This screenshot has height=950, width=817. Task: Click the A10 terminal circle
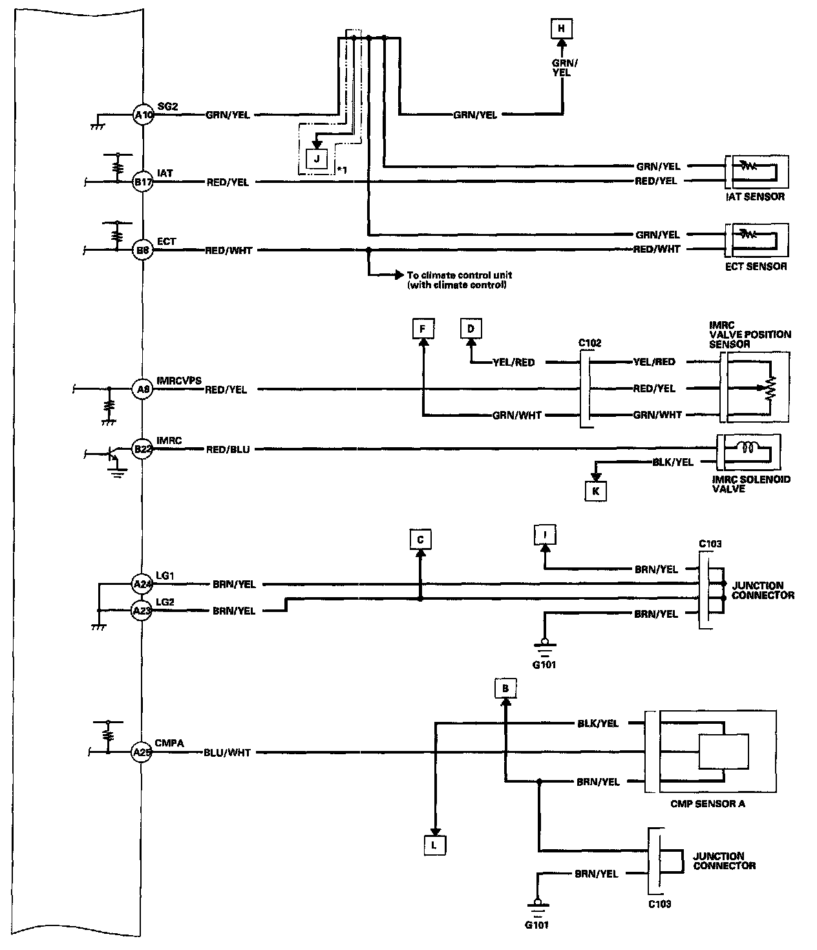pyautogui.click(x=142, y=115)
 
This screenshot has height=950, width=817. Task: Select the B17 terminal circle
pyautogui.click(x=142, y=182)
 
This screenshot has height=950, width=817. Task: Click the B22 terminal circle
pyautogui.click(x=142, y=449)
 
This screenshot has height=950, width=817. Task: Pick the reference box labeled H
pyautogui.click(x=561, y=28)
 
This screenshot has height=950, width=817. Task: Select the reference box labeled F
pyautogui.click(x=422, y=329)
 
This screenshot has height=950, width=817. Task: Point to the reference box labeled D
pyautogui.click(x=471, y=329)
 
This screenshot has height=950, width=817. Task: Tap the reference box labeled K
pyautogui.click(x=595, y=491)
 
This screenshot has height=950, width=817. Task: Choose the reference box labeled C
pyautogui.click(x=420, y=539)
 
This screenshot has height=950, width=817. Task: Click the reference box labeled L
pyautogui.click(x=435, y=845)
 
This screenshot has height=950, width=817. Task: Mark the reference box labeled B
pyautogui.click(x=505, y=688)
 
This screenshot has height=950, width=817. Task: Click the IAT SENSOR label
pyautogui.click(x=754, y=196)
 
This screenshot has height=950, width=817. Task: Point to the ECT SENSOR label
pyautogui.click(x=755, y=266)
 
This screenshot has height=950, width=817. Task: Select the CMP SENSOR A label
pyautogui.click(x=708, y=804)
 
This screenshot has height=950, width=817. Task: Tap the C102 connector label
pyautogui.click(x=589, y=343)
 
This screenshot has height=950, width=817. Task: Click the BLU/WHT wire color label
pyautogui.click(x=227, y=752)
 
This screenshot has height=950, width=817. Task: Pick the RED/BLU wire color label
pyautogui.click(x=228, y=449)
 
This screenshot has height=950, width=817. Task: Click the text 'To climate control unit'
pyautogui.click(x=456, y=275)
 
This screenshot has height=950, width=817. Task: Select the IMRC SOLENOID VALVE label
pyautogui.click(x=750, y=484)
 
